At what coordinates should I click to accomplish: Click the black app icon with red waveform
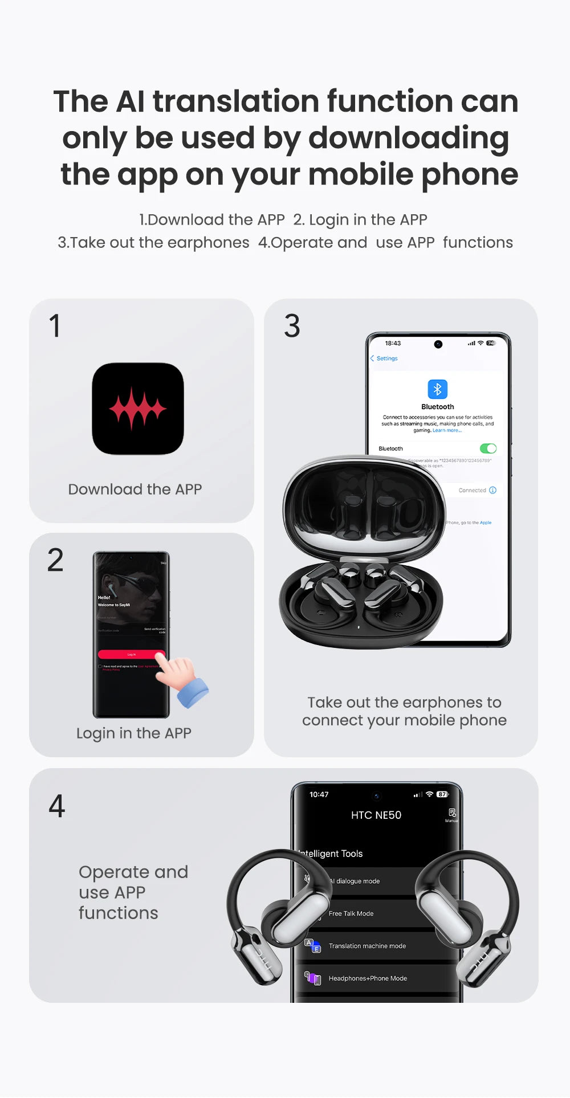138,409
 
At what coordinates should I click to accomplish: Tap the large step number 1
55,326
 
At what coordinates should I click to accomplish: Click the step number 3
292,326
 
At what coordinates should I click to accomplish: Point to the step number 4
56,806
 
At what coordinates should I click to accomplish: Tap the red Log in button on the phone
131,654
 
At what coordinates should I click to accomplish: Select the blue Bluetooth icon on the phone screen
437,389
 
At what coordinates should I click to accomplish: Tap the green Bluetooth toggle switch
488,448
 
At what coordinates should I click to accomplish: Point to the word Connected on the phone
472,490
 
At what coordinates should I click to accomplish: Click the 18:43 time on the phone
393,343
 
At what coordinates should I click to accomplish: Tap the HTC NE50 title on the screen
376,815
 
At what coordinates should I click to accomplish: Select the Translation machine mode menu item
367,946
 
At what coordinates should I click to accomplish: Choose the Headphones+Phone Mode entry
368,978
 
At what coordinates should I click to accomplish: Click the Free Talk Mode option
351,913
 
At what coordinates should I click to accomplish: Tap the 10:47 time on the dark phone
319,794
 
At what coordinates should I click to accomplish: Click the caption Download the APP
135,489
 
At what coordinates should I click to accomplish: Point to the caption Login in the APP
134,733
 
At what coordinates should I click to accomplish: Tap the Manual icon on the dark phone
451,814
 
